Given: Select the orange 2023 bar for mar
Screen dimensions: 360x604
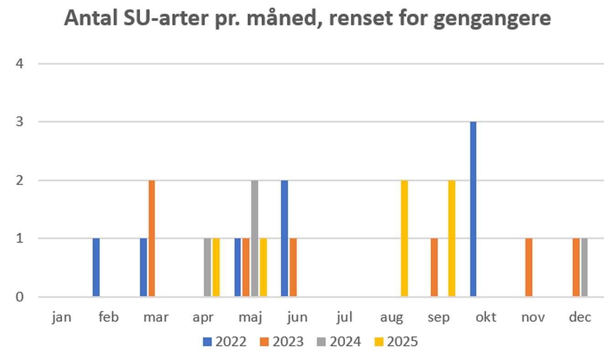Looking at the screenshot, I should click(x=152, y=238).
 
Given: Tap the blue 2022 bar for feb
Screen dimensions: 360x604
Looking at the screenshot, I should click(x=96, y=267).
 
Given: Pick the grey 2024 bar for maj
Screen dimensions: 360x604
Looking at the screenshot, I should click(x=255, y=238).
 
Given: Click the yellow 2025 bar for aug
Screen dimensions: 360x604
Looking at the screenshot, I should click(x=404, y=238).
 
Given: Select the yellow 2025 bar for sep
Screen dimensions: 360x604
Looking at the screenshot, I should click(x=452, y=238).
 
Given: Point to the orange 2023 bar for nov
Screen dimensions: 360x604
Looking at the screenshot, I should click(x=529, y=267).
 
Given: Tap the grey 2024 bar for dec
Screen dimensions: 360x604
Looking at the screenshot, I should click(x=584, y=267).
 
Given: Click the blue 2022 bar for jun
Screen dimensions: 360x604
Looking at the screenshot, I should click(x=284, y=238).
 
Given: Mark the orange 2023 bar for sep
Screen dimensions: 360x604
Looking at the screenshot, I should click(x=434, y=267).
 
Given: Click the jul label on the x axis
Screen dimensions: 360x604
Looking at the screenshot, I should click(x=345, y=317).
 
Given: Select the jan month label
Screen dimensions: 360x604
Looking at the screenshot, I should click(x=62, y=317).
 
